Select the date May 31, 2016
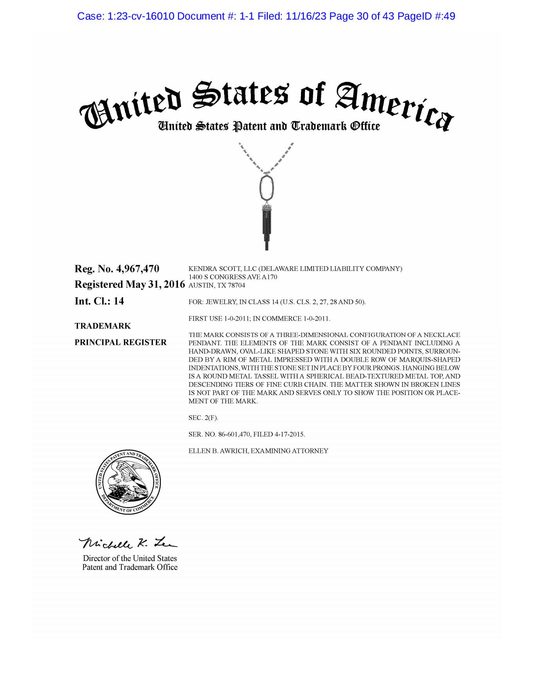coord(155,285)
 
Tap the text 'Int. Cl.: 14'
coord(99,301)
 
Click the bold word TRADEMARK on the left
coord(103,326)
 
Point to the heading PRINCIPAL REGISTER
coord(121,343)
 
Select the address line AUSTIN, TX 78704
coord(217,285)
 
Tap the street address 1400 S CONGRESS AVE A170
coord(233,277)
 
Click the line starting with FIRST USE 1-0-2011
coord(259,319)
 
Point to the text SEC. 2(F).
coord(203,418)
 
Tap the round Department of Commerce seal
coord(128,482)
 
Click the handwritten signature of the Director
coord(128,543)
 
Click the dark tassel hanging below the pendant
coord(267,227)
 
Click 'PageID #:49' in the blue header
coord(426,16)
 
